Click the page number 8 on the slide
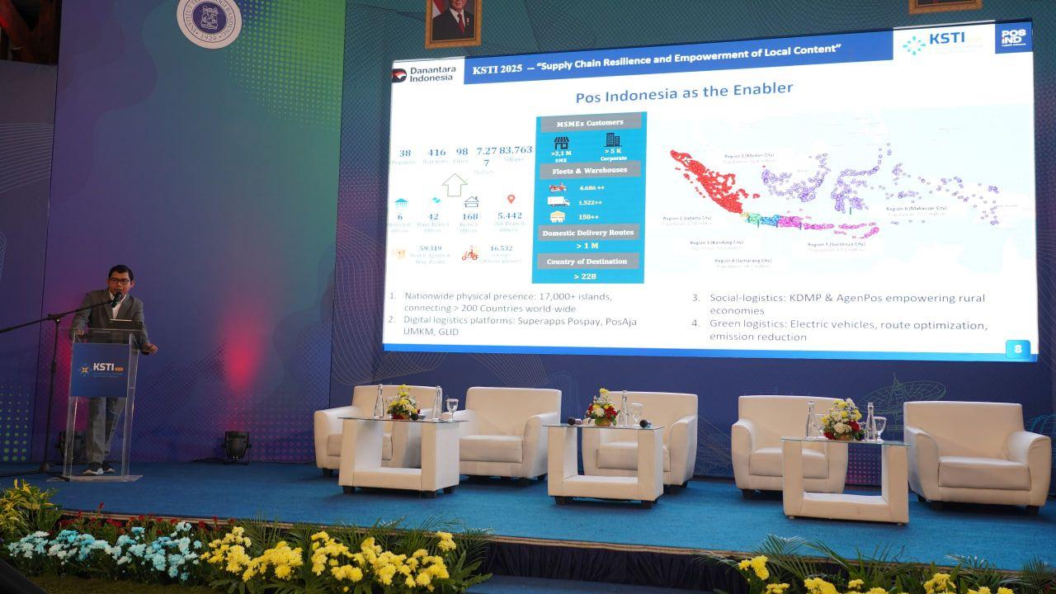(1018, 348)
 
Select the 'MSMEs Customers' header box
(588, 123)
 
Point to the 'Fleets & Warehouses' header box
(589, 171)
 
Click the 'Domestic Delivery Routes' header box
(588, 233)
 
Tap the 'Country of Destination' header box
(588, 262)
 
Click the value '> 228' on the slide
(584, 276)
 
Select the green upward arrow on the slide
(455, 184)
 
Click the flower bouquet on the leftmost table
(402, 403)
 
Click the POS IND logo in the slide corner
(1012, 38)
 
